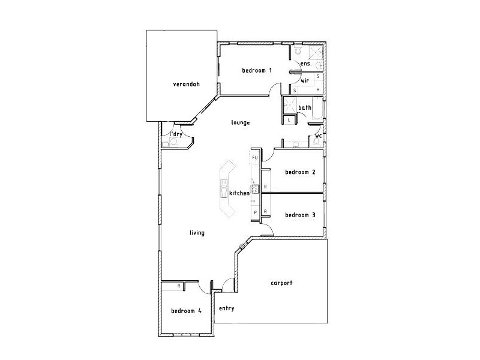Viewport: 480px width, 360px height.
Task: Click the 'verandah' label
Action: coord(186,84)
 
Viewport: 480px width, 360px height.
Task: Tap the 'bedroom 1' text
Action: coord(257,71)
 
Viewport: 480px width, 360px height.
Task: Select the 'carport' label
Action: coord(281,283)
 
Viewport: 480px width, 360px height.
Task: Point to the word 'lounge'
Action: coord(240,122)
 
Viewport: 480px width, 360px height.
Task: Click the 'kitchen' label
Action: coord(239,193)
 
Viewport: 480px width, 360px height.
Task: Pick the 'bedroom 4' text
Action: coord(186,311)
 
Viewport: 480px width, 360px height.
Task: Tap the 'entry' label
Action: coord(226,308)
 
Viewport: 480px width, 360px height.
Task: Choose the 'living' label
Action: coord(197,233)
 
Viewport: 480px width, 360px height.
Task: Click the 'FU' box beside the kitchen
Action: coord(254,158)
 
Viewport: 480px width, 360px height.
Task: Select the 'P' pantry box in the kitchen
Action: coord(255,212)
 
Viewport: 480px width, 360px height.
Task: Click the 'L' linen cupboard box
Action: coord(289,120)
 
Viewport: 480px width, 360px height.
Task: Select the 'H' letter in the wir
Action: coord(317,89)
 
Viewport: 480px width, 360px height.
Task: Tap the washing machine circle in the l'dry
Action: coord(174,142)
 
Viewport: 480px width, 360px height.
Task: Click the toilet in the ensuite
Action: coord(298,52)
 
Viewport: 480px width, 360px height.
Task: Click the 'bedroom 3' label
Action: coord(300,215)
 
